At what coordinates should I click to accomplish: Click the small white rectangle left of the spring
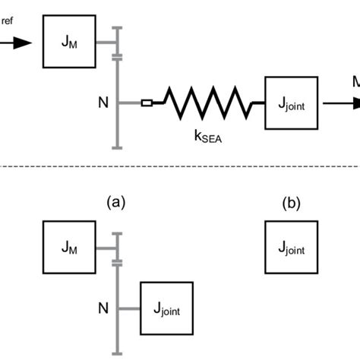point(147,100)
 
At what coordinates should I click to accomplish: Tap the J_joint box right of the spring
point(290,101)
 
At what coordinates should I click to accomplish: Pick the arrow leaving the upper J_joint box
point(337,101)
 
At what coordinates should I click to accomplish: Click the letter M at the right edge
point(355,81)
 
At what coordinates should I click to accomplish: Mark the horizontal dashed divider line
point(180,166)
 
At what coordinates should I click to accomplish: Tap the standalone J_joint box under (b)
point(290,247)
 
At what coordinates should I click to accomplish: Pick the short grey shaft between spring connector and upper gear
point(129,100)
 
